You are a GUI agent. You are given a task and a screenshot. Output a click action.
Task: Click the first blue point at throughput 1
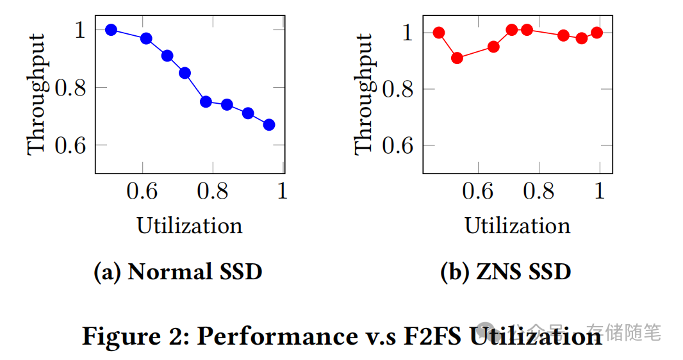111,30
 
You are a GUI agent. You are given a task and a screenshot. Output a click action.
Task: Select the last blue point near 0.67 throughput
269,124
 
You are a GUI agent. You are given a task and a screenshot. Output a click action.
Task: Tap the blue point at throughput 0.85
185,73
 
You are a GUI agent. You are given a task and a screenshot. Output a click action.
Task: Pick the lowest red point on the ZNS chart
457,58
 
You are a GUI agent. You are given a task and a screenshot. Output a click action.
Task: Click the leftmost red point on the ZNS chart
439,33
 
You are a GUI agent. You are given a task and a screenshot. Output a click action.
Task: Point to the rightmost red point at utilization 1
597,33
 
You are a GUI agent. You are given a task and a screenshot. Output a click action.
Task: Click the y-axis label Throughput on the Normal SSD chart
37,94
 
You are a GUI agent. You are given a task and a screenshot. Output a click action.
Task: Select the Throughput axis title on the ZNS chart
363,94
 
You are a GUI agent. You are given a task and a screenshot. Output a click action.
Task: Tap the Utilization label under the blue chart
190,225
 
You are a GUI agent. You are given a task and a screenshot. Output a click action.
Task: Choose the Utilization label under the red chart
517,225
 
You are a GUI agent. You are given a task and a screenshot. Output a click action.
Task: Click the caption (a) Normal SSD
178,272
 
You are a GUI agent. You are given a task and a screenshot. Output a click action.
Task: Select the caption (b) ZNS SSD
506,272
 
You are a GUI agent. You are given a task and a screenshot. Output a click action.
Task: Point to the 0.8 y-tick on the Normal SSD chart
71,88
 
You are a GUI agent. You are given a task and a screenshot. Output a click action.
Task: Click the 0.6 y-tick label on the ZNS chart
399,145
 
